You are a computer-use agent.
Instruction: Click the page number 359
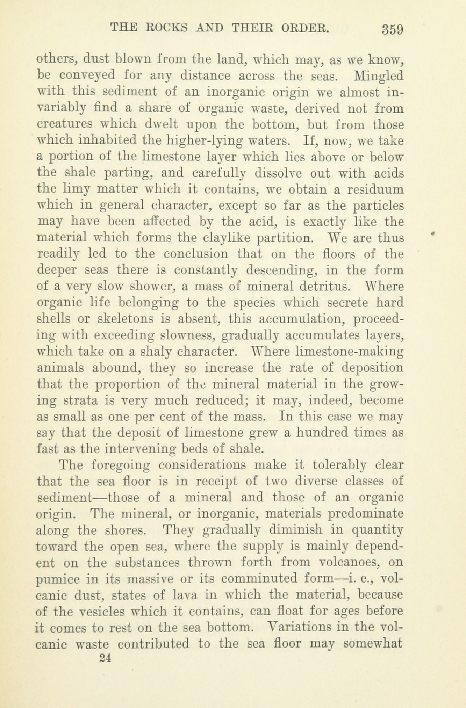pos(393,29)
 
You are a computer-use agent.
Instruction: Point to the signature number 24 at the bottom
pos(105,658)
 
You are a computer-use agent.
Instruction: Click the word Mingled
pos(379,75)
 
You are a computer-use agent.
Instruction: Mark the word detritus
pos(325,286)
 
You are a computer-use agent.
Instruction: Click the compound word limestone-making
pos(350,351)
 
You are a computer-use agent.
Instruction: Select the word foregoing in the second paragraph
pos(121,465)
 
